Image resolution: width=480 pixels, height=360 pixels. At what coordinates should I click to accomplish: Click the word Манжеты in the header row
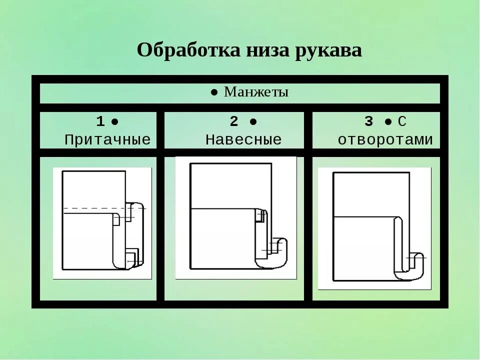[x=256, y=92]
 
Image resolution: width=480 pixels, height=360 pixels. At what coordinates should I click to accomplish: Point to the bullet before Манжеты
[x=214, y=92]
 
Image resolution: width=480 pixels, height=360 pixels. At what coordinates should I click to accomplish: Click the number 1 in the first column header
[x=100, y=121]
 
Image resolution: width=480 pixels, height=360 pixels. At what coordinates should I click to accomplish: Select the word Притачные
[x=107, y=139]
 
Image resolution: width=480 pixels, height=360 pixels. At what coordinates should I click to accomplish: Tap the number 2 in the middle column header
[x=234, y=121]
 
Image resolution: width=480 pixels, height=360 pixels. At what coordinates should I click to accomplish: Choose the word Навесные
[x=243, y=139]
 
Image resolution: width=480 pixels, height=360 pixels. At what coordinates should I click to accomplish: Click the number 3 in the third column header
[x=369, y=121]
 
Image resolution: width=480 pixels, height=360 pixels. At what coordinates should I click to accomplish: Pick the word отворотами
[x=385, y=139]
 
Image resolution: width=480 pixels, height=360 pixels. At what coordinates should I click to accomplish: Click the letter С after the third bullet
[x=402, y=121]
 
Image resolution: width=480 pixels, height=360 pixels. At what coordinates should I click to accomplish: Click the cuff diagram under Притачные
[x=102, y=223]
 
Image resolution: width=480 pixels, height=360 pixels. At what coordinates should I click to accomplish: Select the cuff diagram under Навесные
[x=235, y=217]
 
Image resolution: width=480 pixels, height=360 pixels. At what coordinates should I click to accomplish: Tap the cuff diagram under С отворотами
[x=374, y=228]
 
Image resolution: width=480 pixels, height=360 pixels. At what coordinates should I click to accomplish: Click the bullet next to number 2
[x=253, y=122]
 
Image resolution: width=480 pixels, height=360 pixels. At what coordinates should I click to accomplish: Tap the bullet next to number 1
[x=114, y=122]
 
